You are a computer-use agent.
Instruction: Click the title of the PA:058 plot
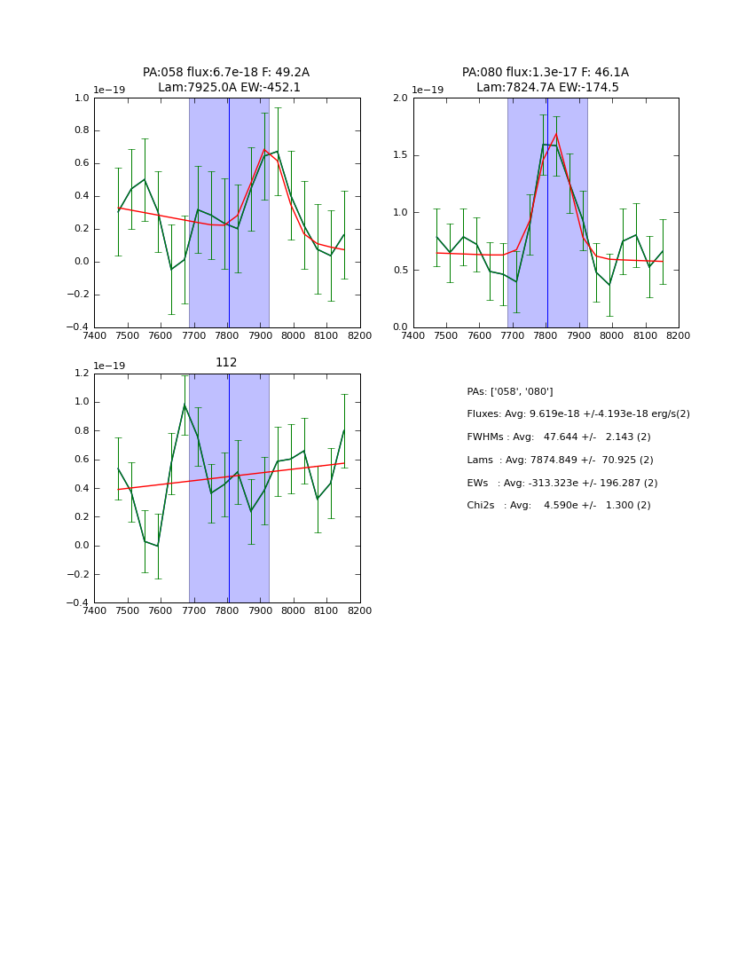click(226, 80)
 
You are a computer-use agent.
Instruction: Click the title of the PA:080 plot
click(546, 80)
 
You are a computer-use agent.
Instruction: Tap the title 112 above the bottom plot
click(226, 362)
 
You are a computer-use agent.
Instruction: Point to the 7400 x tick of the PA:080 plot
click(413, 335)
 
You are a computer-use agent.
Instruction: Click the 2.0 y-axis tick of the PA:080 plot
click(400, 98)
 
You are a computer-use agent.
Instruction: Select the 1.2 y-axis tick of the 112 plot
click(81, 374)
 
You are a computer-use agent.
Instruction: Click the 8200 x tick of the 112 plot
click(359, 610)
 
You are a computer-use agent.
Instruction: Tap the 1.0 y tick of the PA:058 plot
click(81, 98)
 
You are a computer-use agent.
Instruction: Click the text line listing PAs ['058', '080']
click(509, 391)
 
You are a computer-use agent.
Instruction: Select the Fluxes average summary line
click(577, 414)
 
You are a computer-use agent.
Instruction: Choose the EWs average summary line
click(562, 483)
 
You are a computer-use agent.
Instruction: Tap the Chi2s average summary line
click(558, 506)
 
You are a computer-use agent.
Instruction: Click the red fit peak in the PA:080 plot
click(556, 134)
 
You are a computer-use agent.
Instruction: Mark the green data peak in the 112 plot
click(185, 405)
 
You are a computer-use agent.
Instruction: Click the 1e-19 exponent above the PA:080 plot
click(428, 90)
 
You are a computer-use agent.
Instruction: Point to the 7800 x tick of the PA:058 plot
click(227, 335)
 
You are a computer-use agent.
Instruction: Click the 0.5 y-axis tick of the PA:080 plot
click(400, 270)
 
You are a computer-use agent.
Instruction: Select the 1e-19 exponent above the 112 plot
click(109, 366)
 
